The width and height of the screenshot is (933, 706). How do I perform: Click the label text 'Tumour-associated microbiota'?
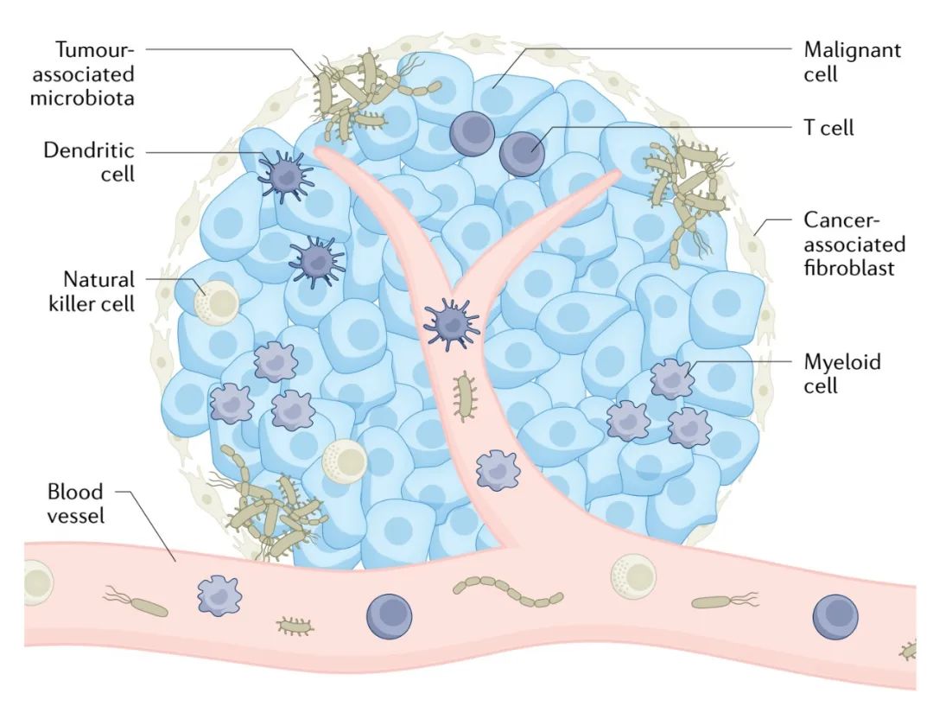pos(82,73)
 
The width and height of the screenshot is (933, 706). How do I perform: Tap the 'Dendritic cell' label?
pos(90,162)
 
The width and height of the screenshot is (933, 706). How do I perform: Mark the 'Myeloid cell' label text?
pos(842,373)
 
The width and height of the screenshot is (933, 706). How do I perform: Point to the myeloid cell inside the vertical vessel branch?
pos(497,470)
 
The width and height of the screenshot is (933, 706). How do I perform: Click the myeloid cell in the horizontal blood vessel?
pos(218,597)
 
